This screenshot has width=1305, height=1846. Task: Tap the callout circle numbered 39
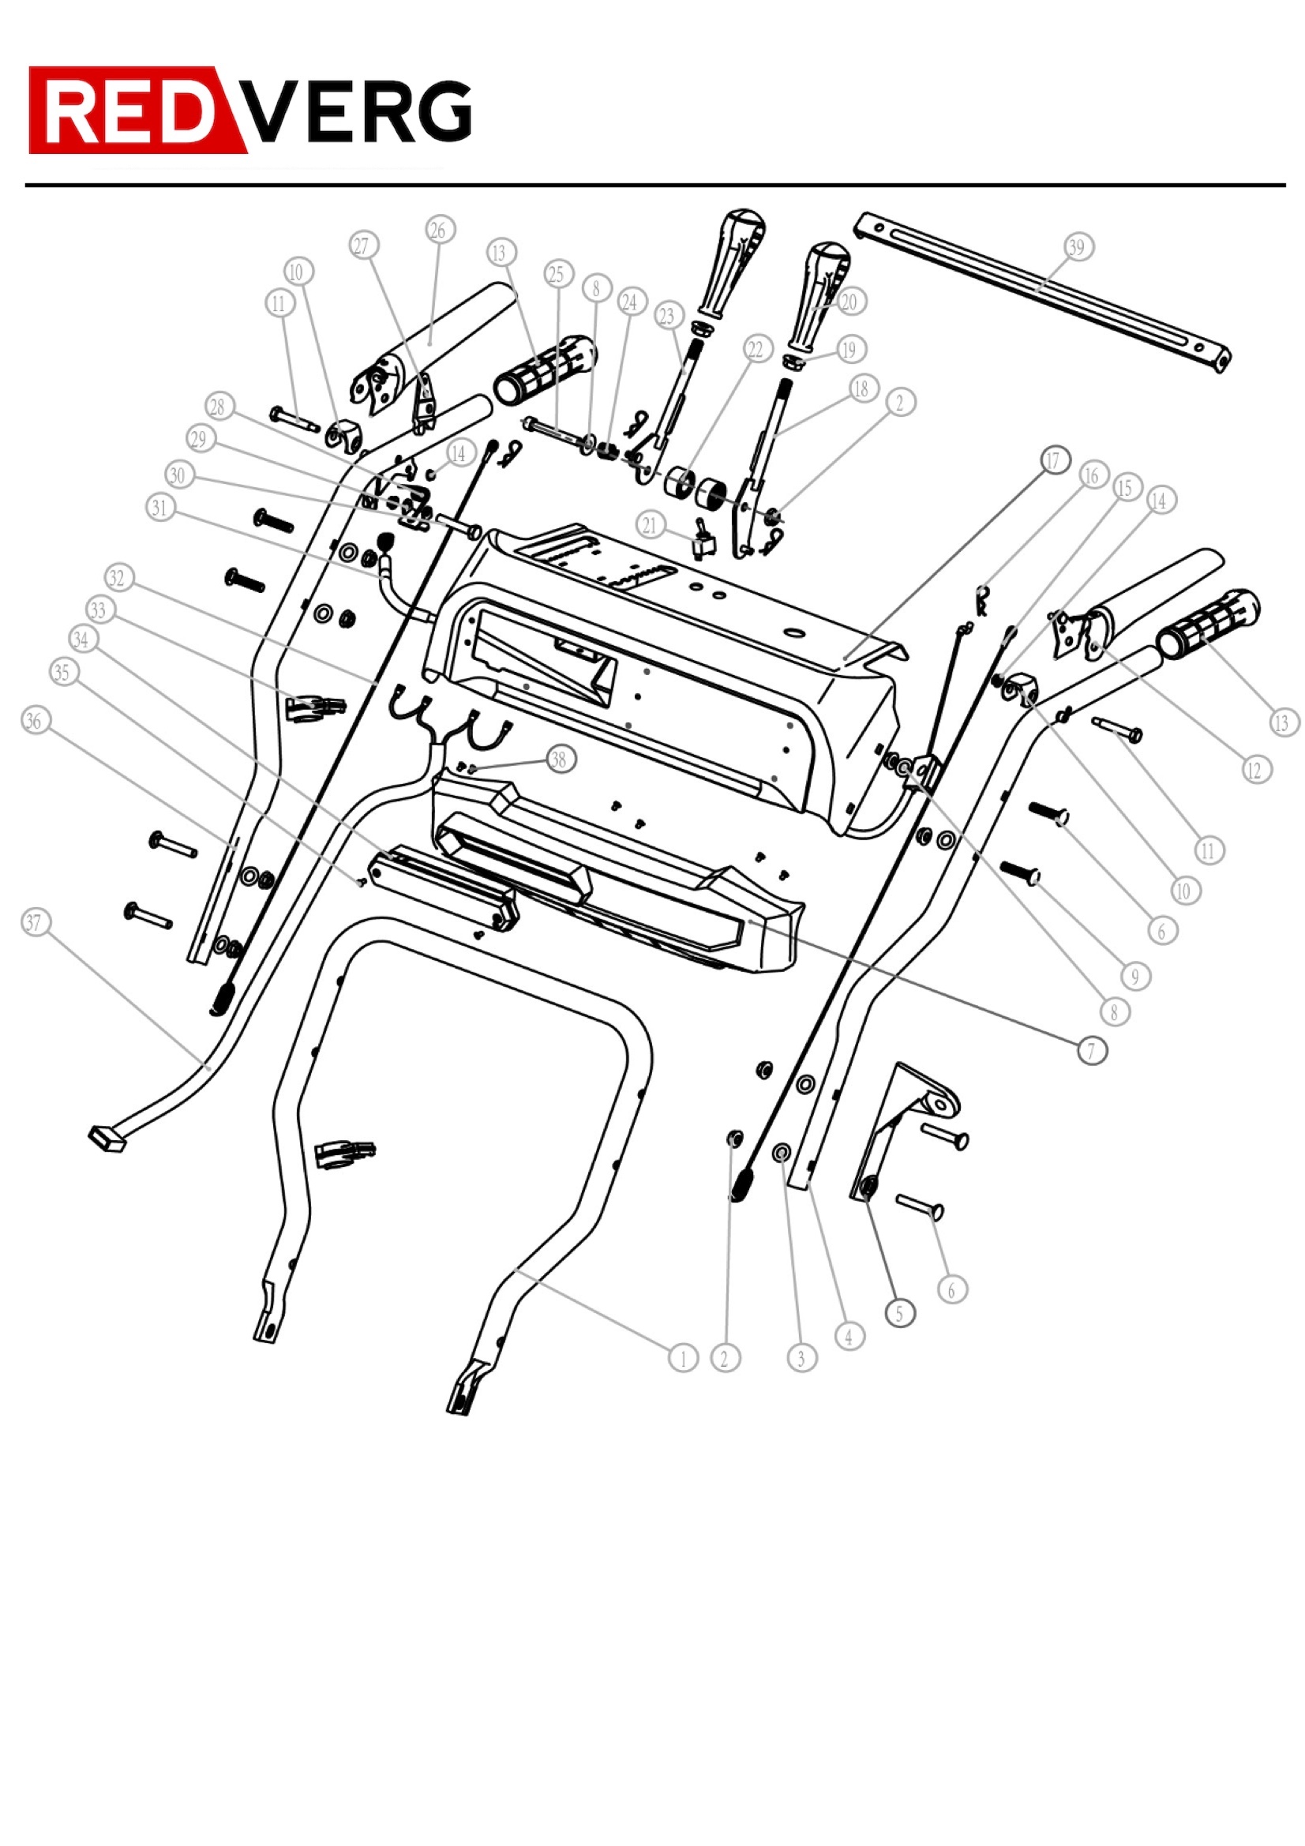point(1077,247)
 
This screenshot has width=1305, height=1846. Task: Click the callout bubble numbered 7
point(1091,1050)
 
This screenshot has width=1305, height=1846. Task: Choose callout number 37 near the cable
point(34,922)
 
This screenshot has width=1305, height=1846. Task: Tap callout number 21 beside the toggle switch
point(650,526)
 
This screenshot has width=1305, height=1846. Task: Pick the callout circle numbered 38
point(560,759)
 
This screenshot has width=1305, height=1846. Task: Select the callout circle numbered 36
point(35,720)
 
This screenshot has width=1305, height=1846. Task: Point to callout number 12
point(1256,771)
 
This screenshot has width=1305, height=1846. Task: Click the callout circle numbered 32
point(118,577)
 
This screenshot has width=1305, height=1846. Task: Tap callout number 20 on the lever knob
point(849,302)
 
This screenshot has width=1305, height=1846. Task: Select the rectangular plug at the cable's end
point(107,1139)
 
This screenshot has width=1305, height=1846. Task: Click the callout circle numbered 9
point(1135,976)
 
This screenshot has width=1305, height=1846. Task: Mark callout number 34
point(81,640)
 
